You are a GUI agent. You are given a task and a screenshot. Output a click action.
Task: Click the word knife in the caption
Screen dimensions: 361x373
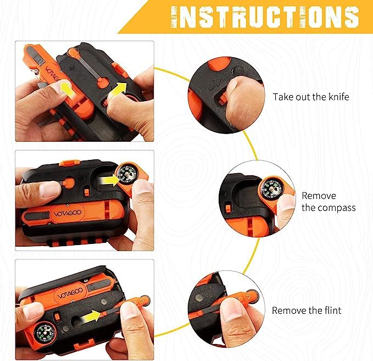337,97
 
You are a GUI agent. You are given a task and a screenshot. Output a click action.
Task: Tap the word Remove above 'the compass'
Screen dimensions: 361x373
318,196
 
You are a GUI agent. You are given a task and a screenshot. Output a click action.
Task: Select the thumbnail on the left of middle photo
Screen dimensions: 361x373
50,190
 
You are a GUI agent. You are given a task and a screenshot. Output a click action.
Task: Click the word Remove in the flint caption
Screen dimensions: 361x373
290,310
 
